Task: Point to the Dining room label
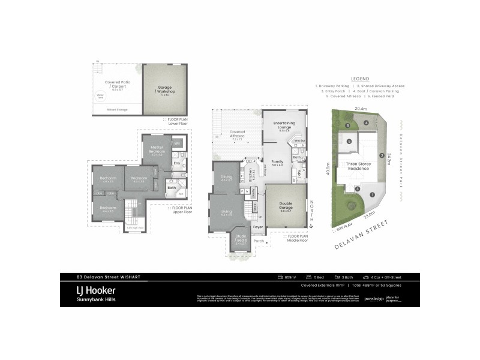(226, 176)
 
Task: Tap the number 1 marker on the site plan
(372, 194)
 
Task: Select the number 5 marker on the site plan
(349, 142)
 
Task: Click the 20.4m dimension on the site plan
(360, 109)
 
